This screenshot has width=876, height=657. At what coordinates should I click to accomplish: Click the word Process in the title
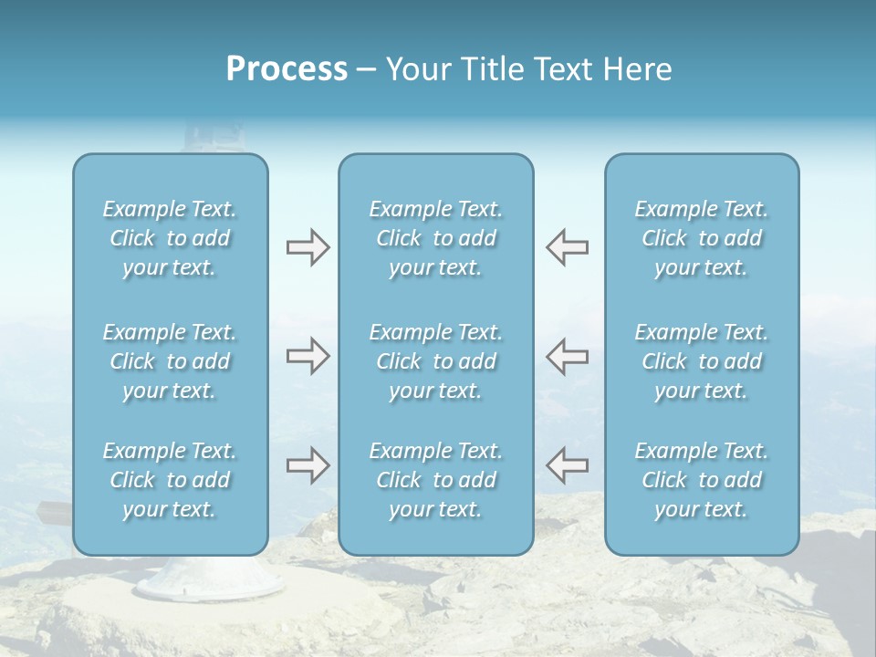(287, 69)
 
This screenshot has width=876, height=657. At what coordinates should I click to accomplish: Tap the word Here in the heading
(637, 69)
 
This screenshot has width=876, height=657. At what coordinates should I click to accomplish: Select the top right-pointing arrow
(308, 247)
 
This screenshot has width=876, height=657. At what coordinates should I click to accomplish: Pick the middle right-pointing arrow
(308, 356)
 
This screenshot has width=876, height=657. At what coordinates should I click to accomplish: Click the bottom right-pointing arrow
(308, 465)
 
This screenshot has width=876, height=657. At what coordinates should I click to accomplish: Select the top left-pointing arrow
(568, 247)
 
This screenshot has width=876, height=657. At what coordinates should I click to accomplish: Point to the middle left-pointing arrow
(568, 356)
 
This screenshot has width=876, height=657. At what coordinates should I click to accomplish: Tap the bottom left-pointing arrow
(568, 465)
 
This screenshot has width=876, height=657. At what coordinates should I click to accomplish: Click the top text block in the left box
(170, 238)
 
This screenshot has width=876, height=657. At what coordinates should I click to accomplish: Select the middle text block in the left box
(170, 361)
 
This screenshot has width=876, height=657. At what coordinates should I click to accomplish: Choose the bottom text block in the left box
(170, 480)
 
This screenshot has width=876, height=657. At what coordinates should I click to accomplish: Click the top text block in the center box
(435, 238)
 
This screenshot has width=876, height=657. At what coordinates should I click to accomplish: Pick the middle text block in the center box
(435, 361)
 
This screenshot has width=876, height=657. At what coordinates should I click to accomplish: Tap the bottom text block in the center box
(435, 480)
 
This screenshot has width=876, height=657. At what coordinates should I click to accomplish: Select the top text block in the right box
(701, 238)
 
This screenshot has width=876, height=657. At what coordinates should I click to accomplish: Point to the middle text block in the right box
(701, 361)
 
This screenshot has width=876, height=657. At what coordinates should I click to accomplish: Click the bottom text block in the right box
(701, 480)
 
